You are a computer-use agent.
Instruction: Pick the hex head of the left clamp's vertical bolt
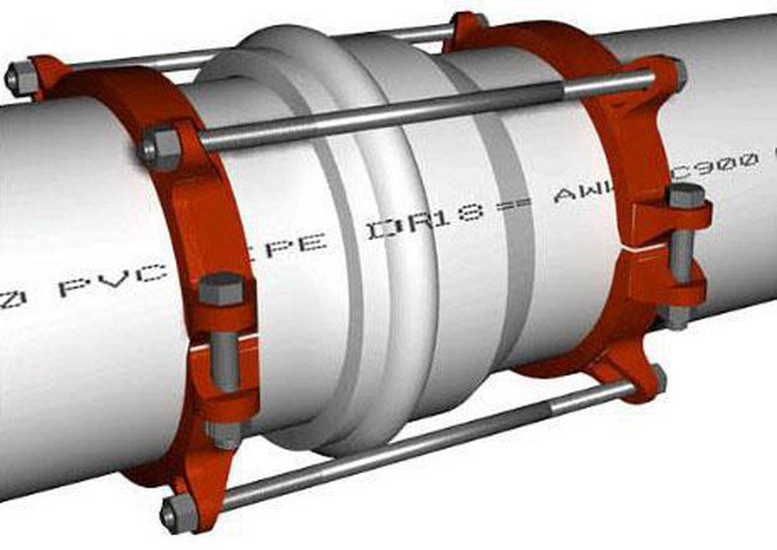pos(221,289)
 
